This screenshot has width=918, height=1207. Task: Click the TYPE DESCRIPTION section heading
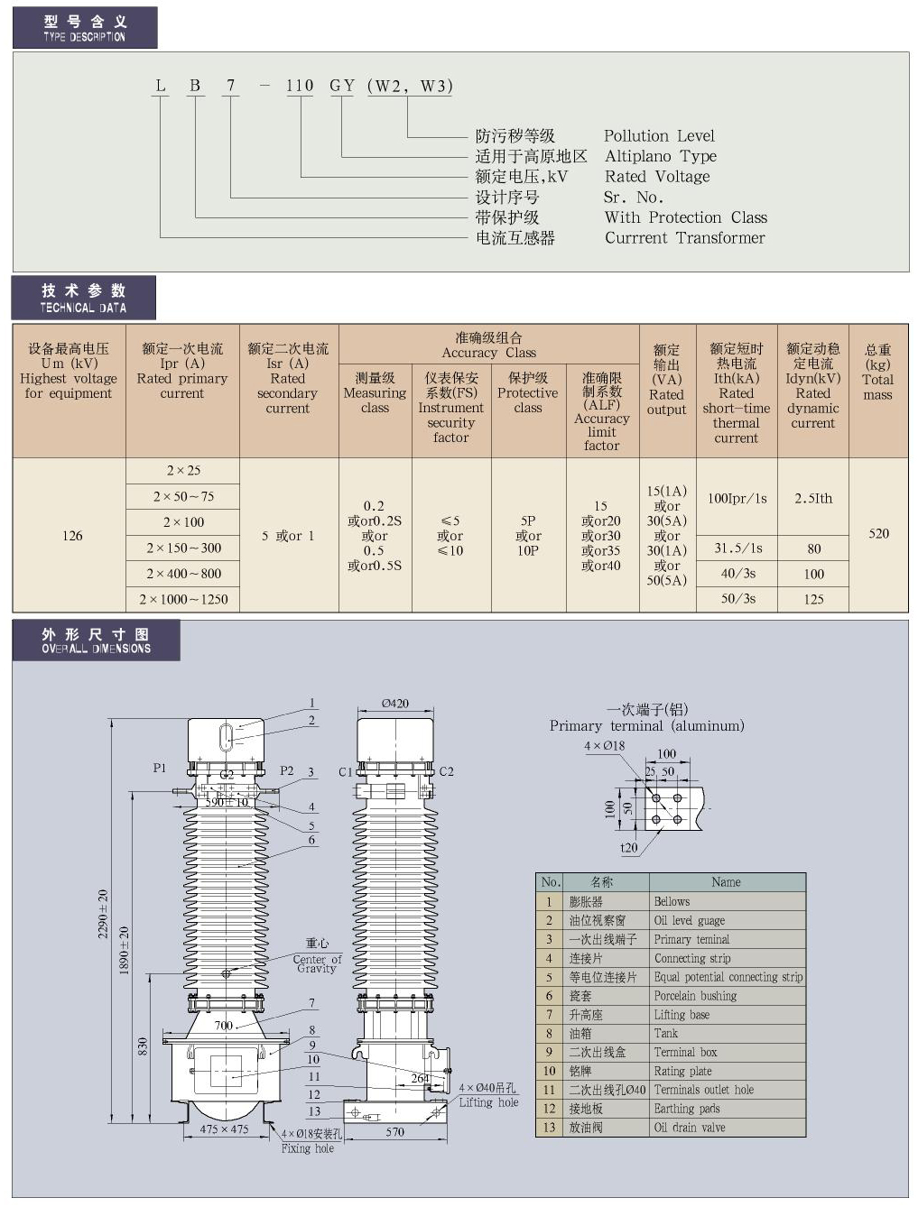click(x=85, y=28)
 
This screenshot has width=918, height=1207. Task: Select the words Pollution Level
click(x=659, y=136)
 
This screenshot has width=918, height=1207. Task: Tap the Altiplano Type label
click(x=660, y=156)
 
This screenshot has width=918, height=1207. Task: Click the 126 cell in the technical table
click(x=72, y=536)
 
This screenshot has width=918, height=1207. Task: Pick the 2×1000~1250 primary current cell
click(x=183, y=599)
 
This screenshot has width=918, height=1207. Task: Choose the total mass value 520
click(x=878, y=533)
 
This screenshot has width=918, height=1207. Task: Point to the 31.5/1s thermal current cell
click(x=737, y=548)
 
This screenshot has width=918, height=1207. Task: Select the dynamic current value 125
click(x=813, y=599)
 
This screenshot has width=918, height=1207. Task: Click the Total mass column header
click(x=877, y=372)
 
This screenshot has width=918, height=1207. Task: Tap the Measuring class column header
click(x=375, y=392)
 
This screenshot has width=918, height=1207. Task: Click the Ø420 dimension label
click(x=394, y=704)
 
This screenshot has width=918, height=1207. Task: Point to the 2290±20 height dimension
click(x=103, y=914)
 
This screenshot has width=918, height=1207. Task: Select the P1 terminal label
click(x=160, y=769)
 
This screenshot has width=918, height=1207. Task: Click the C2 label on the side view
click(x=446, y=771)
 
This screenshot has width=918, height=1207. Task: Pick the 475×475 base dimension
click(x=224, y=1129)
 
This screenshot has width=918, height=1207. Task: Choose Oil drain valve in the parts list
click(x=690, y=1128)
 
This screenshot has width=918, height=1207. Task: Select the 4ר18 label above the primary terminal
click(x=604, y=746)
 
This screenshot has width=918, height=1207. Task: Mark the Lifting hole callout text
click(x=488, y=1102)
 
